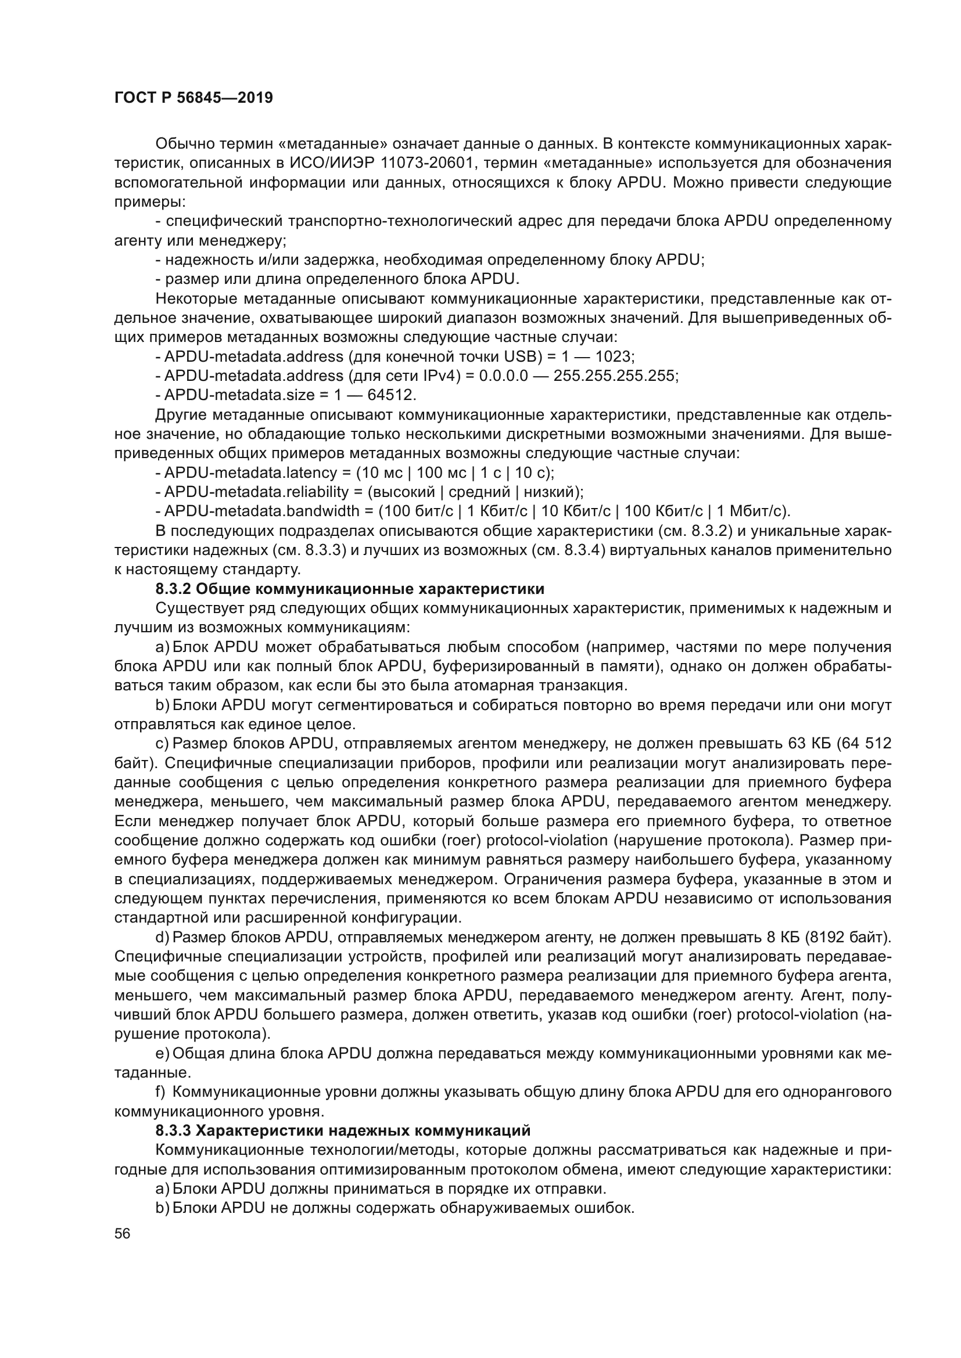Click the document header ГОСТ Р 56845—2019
pos(193,98)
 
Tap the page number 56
pos(123,1234)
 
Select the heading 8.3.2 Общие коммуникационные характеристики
pos(350,589)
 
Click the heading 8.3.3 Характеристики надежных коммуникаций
pos(343,1131)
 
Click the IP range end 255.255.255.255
pos(615,376)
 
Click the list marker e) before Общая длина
pos(162,1053)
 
